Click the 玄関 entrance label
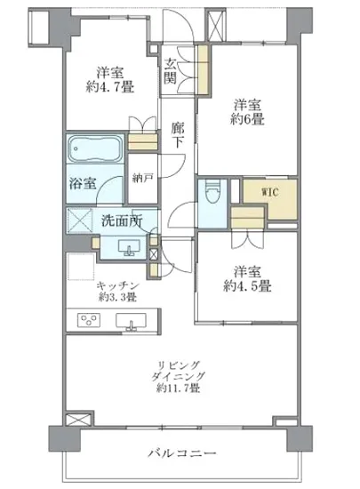pyautogui.click(x=171, y=70)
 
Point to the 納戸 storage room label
pyautogui.click(x=143, y=178)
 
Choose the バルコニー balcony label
pyautogui.click(x=183, y=454)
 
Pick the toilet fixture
pyautogui.click(x=211, y=194)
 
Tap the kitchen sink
pyautogui.click(x=134, y=321)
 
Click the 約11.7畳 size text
pyautogui.click(x=179, y=389)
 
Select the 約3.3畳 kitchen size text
pyautogui.click(x=115, y=296)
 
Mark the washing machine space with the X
pyautogui.click(x=81, y=220)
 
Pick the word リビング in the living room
pyautogui.click(x=179, y=364)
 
